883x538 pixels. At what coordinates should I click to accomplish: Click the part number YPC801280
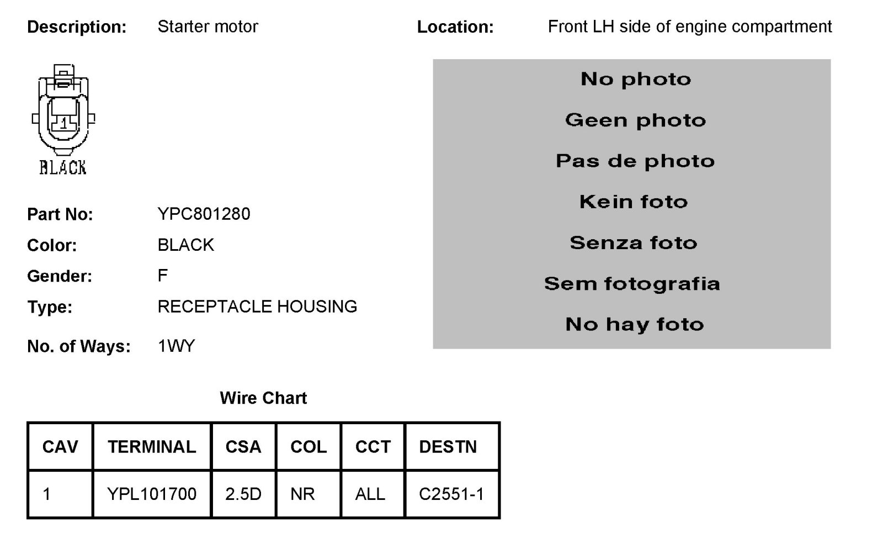click(x=204, y=214)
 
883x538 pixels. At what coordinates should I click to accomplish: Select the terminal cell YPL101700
click(x=152, y=494)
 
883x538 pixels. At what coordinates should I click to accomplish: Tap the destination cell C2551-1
click(x=451, y=494)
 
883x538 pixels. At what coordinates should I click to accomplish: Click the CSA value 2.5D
click(x=243, y=494)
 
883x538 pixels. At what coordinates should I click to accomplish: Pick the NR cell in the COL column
click(x=302, y=494)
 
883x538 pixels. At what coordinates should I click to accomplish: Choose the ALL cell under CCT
click(x=370, y=494)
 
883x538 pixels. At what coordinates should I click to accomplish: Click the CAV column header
click(x=60, y=447)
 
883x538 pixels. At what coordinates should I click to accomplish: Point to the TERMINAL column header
click(x=152, y=447)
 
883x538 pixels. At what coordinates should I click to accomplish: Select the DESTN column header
click(x=448, y=447)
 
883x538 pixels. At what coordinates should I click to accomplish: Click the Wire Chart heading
click(x=263, y=398)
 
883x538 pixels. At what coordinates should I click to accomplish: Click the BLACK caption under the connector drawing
click(x=63, y=168)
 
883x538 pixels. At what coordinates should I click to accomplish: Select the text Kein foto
click(x=634, y=202)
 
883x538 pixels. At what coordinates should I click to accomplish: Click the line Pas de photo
click(x=635, y=161)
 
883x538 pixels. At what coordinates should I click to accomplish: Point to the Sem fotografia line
click(x=632, y=284)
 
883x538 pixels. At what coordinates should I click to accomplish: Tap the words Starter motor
click(x=208, y=27)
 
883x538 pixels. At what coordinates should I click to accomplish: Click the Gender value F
click(x=162, y=276)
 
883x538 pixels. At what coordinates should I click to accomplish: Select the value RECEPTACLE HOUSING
click(x=257, y=307)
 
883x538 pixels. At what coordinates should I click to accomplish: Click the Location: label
click(x=455, y=27)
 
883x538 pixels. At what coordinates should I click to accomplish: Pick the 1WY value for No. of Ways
click(x=176, y=346)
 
